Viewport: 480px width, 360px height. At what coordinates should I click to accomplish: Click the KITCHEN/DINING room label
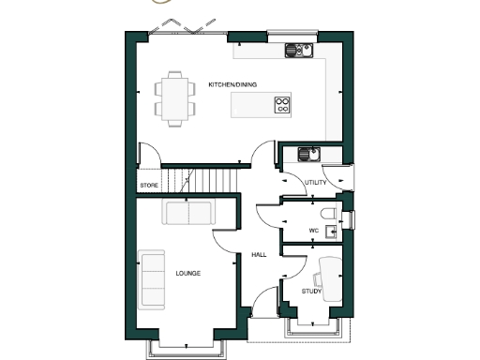(x=232, y=84)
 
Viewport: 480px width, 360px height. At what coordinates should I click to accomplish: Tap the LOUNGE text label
(x=187, y=274)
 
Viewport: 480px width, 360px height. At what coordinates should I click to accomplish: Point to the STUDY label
(x=311, y=292)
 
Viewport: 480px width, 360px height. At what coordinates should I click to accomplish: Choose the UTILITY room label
(x=316, y=183)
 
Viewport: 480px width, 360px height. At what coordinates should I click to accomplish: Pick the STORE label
(x=148, y=186)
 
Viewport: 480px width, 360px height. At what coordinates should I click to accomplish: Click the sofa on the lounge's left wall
(x=151, y=279)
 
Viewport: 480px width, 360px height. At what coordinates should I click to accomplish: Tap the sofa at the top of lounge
(x=187, y=212)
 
